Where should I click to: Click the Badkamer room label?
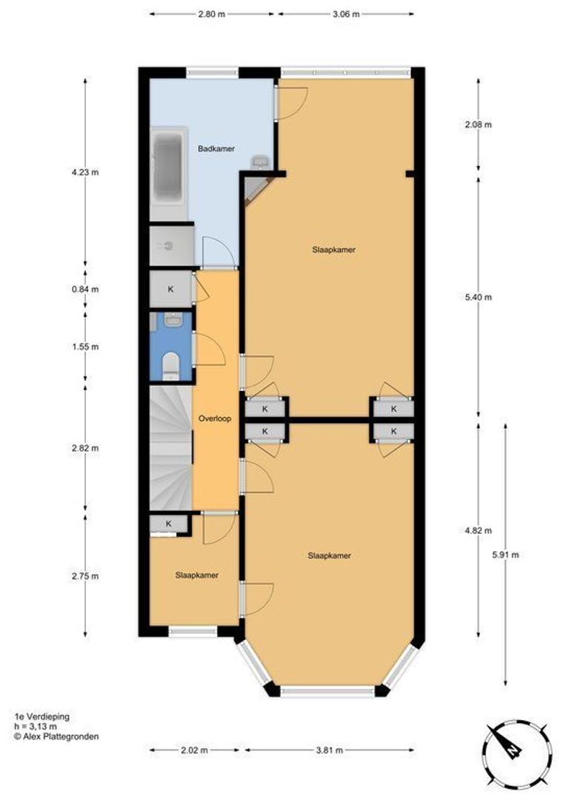[216, 149]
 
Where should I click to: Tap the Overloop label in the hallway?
[215, 419]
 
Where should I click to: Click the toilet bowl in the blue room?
[170, 363]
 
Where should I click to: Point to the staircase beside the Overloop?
[170, 448]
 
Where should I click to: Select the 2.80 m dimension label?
[211, 14]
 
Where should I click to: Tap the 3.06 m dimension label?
[346, 14]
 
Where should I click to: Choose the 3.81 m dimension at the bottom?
[329, 750]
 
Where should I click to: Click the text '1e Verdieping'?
[41, 717]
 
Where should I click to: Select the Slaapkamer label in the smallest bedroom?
[196, 575]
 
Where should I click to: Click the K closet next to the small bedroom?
[168, 524]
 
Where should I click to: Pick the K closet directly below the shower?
[170, 289]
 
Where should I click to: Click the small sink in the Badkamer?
[260, 161]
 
